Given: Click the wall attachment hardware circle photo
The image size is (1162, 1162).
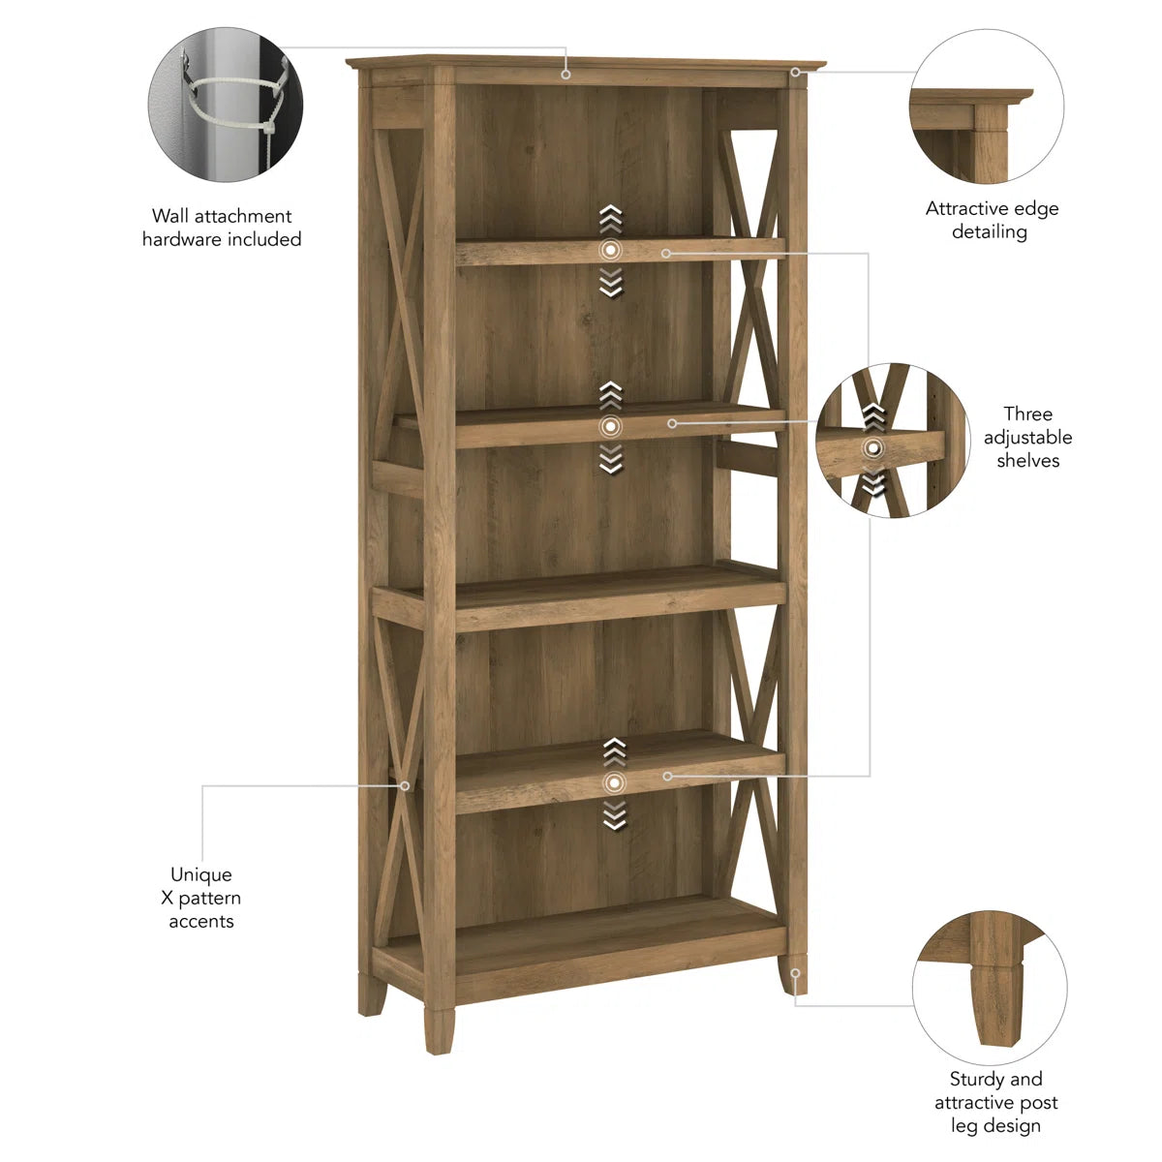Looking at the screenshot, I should coord(225,105).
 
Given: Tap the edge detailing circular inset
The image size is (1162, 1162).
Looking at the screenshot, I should coord(987,106).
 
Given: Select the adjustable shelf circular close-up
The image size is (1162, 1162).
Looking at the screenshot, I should coord(892,441).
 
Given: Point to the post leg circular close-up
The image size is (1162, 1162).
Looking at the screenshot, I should coord(990,987).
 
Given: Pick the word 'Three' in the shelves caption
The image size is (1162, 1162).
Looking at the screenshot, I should coord(1027,414).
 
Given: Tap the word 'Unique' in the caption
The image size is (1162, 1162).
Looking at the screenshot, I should coord(201,874).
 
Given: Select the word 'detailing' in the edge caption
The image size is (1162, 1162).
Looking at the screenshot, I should coord(989,231).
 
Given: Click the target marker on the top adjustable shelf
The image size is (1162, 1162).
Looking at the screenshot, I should coord(610,250).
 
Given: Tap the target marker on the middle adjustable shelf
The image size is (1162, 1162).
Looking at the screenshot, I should coord(610,426).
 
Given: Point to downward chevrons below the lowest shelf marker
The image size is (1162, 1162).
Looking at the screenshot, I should coord(614,816).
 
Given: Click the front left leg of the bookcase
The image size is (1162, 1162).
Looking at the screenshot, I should coord(438,1028).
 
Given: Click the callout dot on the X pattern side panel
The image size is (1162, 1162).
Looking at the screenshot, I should coord(406,785).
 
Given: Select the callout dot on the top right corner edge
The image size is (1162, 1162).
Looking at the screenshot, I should coord(796,72).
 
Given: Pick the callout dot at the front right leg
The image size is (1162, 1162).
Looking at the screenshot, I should coord(795,971).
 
